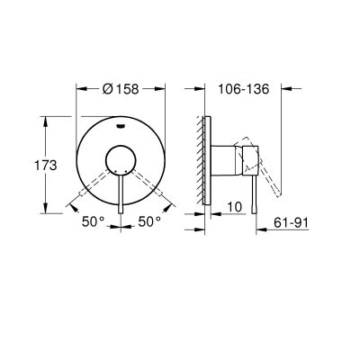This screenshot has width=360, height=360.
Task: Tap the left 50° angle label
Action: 92,219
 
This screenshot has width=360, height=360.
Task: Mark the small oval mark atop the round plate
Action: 120,127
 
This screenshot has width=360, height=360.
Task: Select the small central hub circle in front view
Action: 120,163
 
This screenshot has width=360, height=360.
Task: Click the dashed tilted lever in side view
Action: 270,176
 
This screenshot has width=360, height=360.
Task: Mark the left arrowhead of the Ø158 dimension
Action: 77,91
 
